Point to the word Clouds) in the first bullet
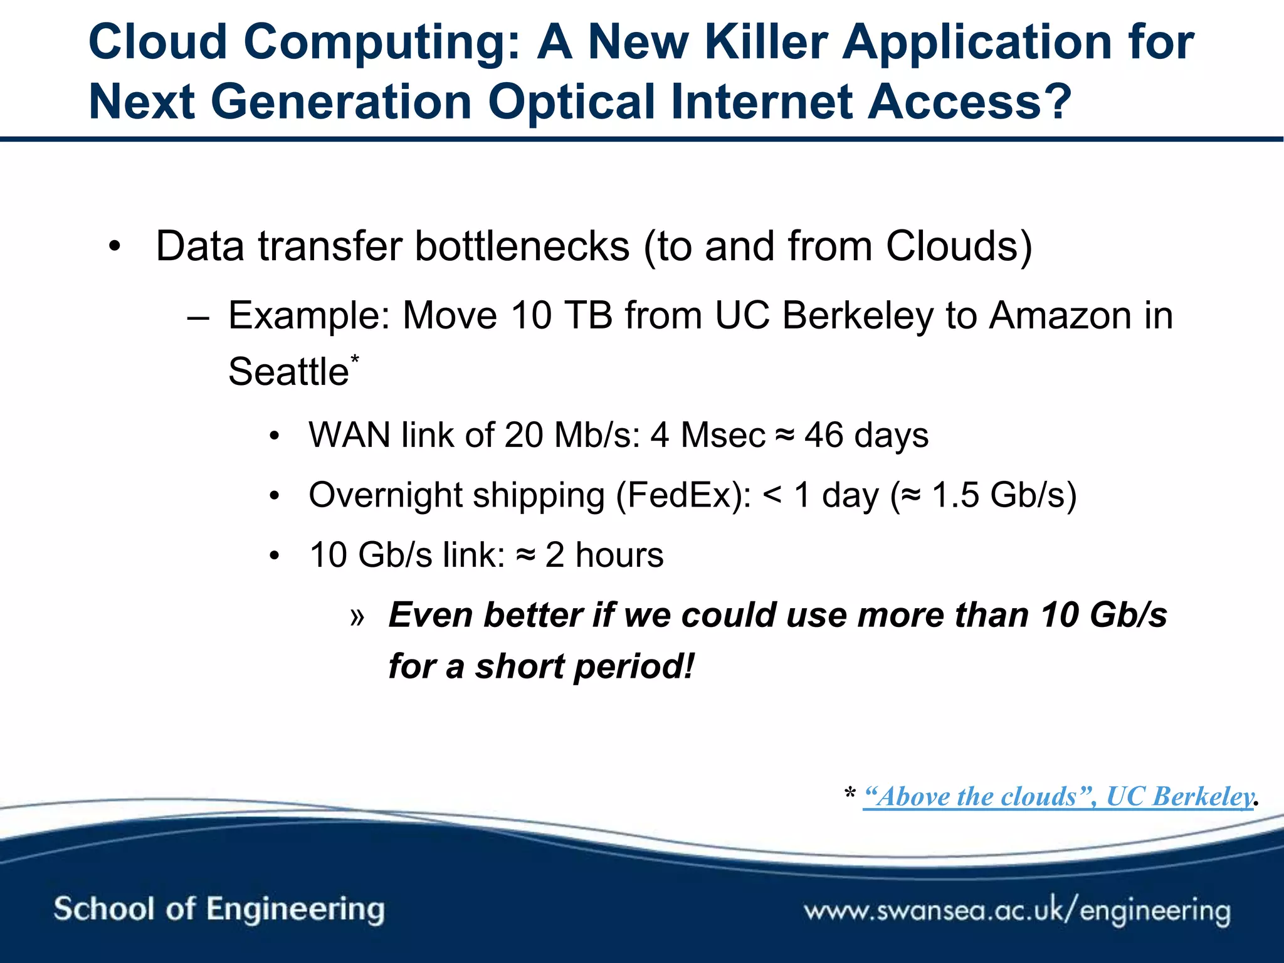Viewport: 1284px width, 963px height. [x=959, y=246]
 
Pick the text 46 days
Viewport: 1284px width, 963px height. [x=866, y=435]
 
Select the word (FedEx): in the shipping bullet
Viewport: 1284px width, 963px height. [x=683, y=495]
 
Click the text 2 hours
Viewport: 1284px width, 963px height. [x=604, y=555]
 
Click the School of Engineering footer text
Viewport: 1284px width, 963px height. [x=219, y=909]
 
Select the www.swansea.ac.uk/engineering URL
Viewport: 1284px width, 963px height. [x=1017, y=910]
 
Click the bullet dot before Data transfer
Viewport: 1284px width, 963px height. [x=113, y=247]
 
